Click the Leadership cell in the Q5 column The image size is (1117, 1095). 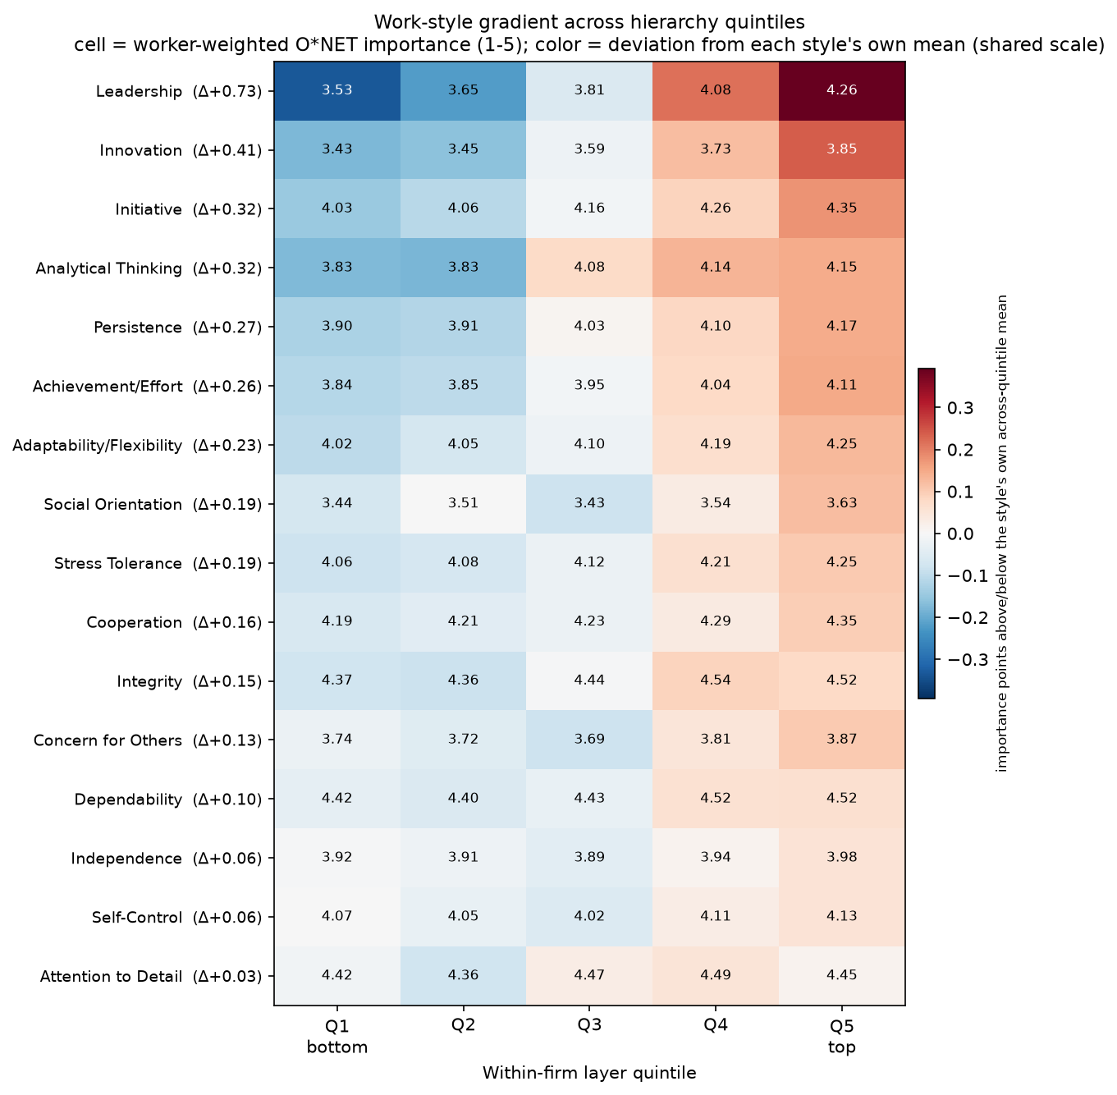click(x=841, y=90)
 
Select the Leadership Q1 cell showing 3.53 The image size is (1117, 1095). click(x=336, y=90)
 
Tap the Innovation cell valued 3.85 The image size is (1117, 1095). click(x=841, y=149)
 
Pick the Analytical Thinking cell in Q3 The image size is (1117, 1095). click(x=589, y=268)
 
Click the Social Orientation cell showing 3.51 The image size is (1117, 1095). click(x=463, y=503)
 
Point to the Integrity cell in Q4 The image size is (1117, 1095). click(x=716, y=680)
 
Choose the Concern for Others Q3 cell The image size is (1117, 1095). click(x=589, y=740)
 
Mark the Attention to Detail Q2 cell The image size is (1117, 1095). click(x=463, y=975)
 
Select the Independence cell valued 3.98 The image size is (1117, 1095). click(x=841, y=857)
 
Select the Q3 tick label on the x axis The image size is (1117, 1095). click(x=589, y=1025)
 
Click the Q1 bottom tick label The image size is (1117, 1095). click(x=336, y=1036)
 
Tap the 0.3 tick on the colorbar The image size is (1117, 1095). click(x=960, y=408)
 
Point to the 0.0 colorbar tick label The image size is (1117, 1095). click(x=960, y=534)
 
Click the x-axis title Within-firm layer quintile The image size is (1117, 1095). click(x=589, y=1073)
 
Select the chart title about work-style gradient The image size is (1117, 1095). click(x=589, y=33)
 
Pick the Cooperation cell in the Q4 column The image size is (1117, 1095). click(x=716, y=621)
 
